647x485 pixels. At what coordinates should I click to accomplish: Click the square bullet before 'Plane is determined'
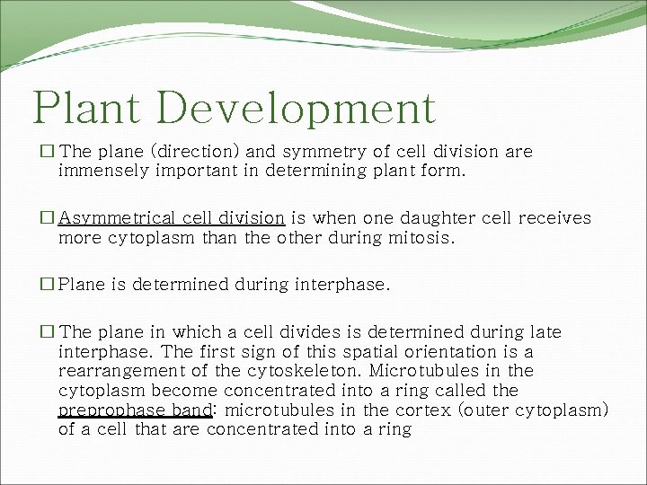[x=48, y=285]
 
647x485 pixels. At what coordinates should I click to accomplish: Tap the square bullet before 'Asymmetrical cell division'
[x=48, y=218]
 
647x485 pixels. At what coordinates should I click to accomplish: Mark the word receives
[x=557, y=218]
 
